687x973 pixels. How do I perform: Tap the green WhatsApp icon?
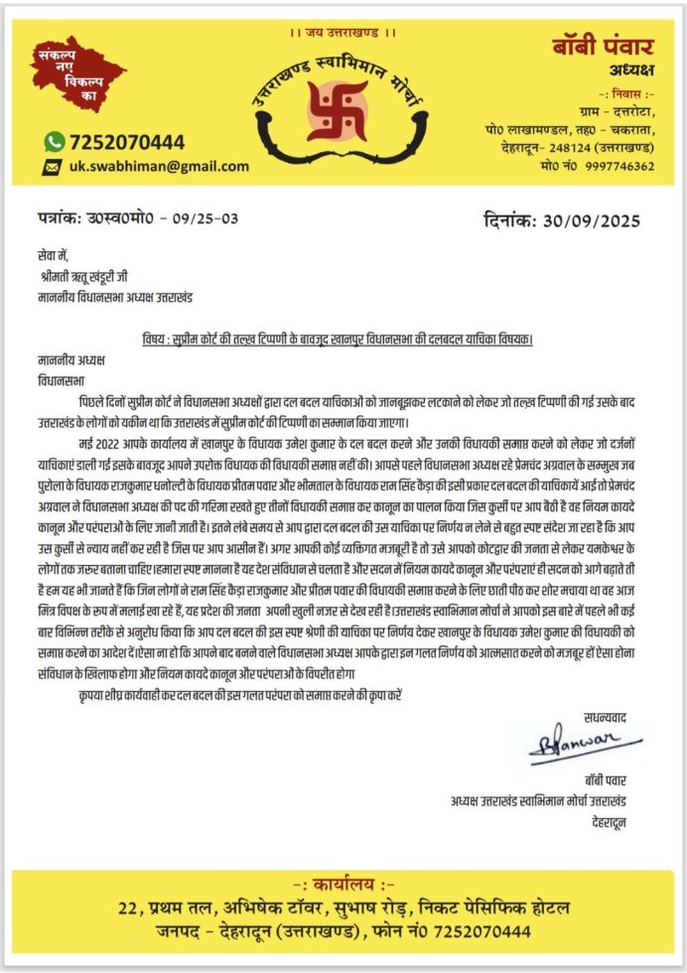[x=55, y=142]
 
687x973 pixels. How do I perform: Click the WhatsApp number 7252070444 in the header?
[x=127, y=142]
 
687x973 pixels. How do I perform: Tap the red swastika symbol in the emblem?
[x=338, y=109]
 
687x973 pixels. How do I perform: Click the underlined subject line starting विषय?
[x=337, y=339]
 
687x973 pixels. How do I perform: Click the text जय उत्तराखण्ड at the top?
[x=343, y=33]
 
